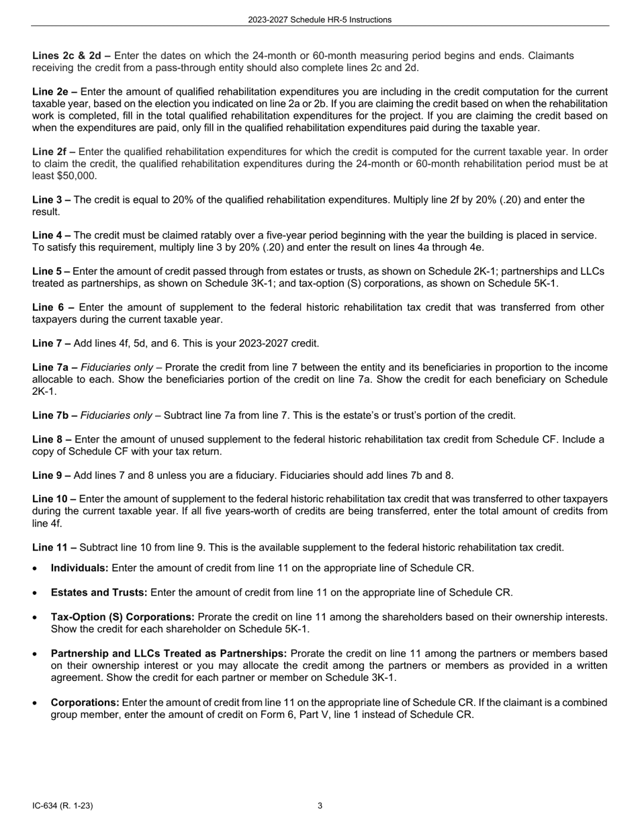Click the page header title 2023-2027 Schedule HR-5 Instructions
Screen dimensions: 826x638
click(x=319, y=19)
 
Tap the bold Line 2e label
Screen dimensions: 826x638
click(x=54, y=92)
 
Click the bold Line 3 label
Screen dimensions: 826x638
click(x=51, y=200)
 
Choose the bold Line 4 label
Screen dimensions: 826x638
click(x=51, y=236)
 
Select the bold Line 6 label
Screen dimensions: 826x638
click(x=53, y=308)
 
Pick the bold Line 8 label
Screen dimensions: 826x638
click(x=51, y=440)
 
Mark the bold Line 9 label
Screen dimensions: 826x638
click(x=51, y=476)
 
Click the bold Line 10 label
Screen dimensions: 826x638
click(x=54, y=500)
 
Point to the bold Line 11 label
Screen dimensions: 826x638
click(x=54, y=548)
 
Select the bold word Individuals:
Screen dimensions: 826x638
click(x=80, y=568)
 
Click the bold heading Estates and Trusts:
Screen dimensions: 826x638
click(x=99, y=592)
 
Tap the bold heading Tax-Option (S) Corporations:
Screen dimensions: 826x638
click(x=123, y=616)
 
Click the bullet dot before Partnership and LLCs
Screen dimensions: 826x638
click(x=35, y=654)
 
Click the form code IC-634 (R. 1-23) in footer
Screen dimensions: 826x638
click(x=62, y=806)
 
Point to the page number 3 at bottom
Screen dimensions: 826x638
click(x=320, y=806)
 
